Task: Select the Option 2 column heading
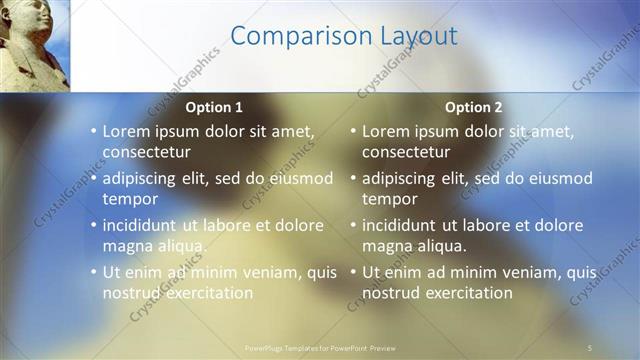[x=474, y=107]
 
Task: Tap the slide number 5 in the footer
[x=590, y=348]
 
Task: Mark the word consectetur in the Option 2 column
[x=406, y=152]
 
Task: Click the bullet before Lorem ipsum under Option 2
[x=352, y=131]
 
